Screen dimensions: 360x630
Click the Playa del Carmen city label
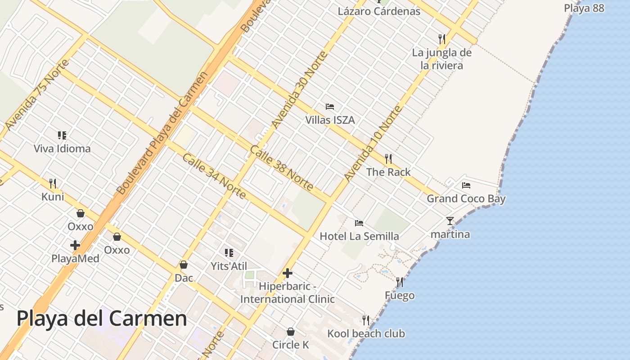[x=102, y=319]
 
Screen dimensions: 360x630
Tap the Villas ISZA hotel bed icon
[x=330, y=107]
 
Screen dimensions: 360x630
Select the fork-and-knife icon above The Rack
[x=388, y=158]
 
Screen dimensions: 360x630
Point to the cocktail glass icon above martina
[x=450, y=220]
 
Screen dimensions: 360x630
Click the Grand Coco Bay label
[x=466, y=198]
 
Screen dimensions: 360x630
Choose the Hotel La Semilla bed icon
[x=359, y=223]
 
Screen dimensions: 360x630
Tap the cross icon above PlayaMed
[x=75, y=245]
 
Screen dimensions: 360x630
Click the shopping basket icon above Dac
[x=184, y=265]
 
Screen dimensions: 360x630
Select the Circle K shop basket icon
[x=291, y=332]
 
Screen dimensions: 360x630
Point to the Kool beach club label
[x=366, y=333]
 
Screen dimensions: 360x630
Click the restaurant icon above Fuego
[x=400, y=282]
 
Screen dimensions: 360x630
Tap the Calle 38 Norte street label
[x=281, y=167]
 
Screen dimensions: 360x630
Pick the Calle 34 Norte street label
[x=214, y=176]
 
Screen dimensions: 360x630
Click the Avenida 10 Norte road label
[x=372, y=143]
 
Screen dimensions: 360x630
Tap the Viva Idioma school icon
[x=62, y=135]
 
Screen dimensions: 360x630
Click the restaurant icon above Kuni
[x=53, y=183]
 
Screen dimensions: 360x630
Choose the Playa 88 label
[x=584, y=8]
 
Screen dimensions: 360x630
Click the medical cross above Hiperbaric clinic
[x=287, y=273]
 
